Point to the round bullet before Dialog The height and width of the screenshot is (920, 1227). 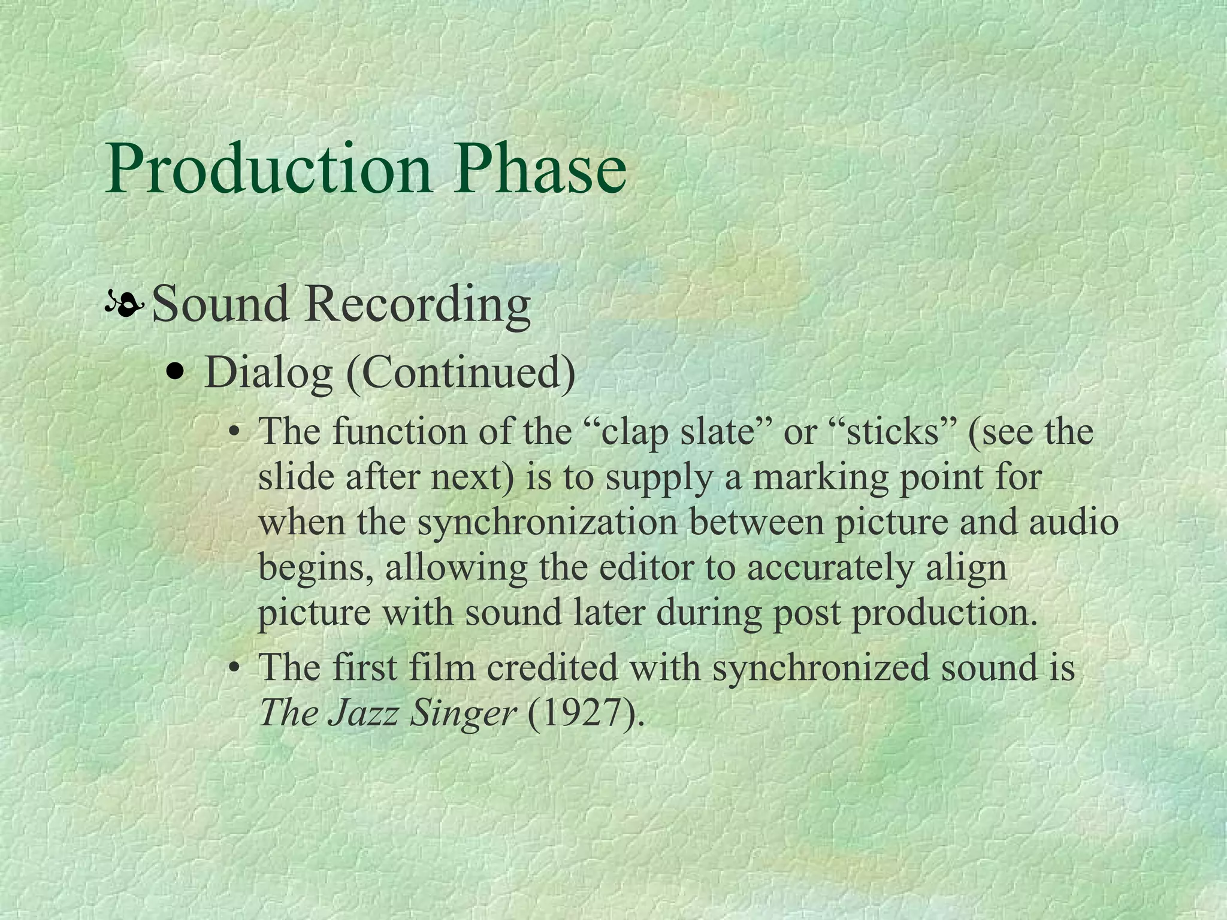point(176,373)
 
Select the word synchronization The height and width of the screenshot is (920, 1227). point(547,522)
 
